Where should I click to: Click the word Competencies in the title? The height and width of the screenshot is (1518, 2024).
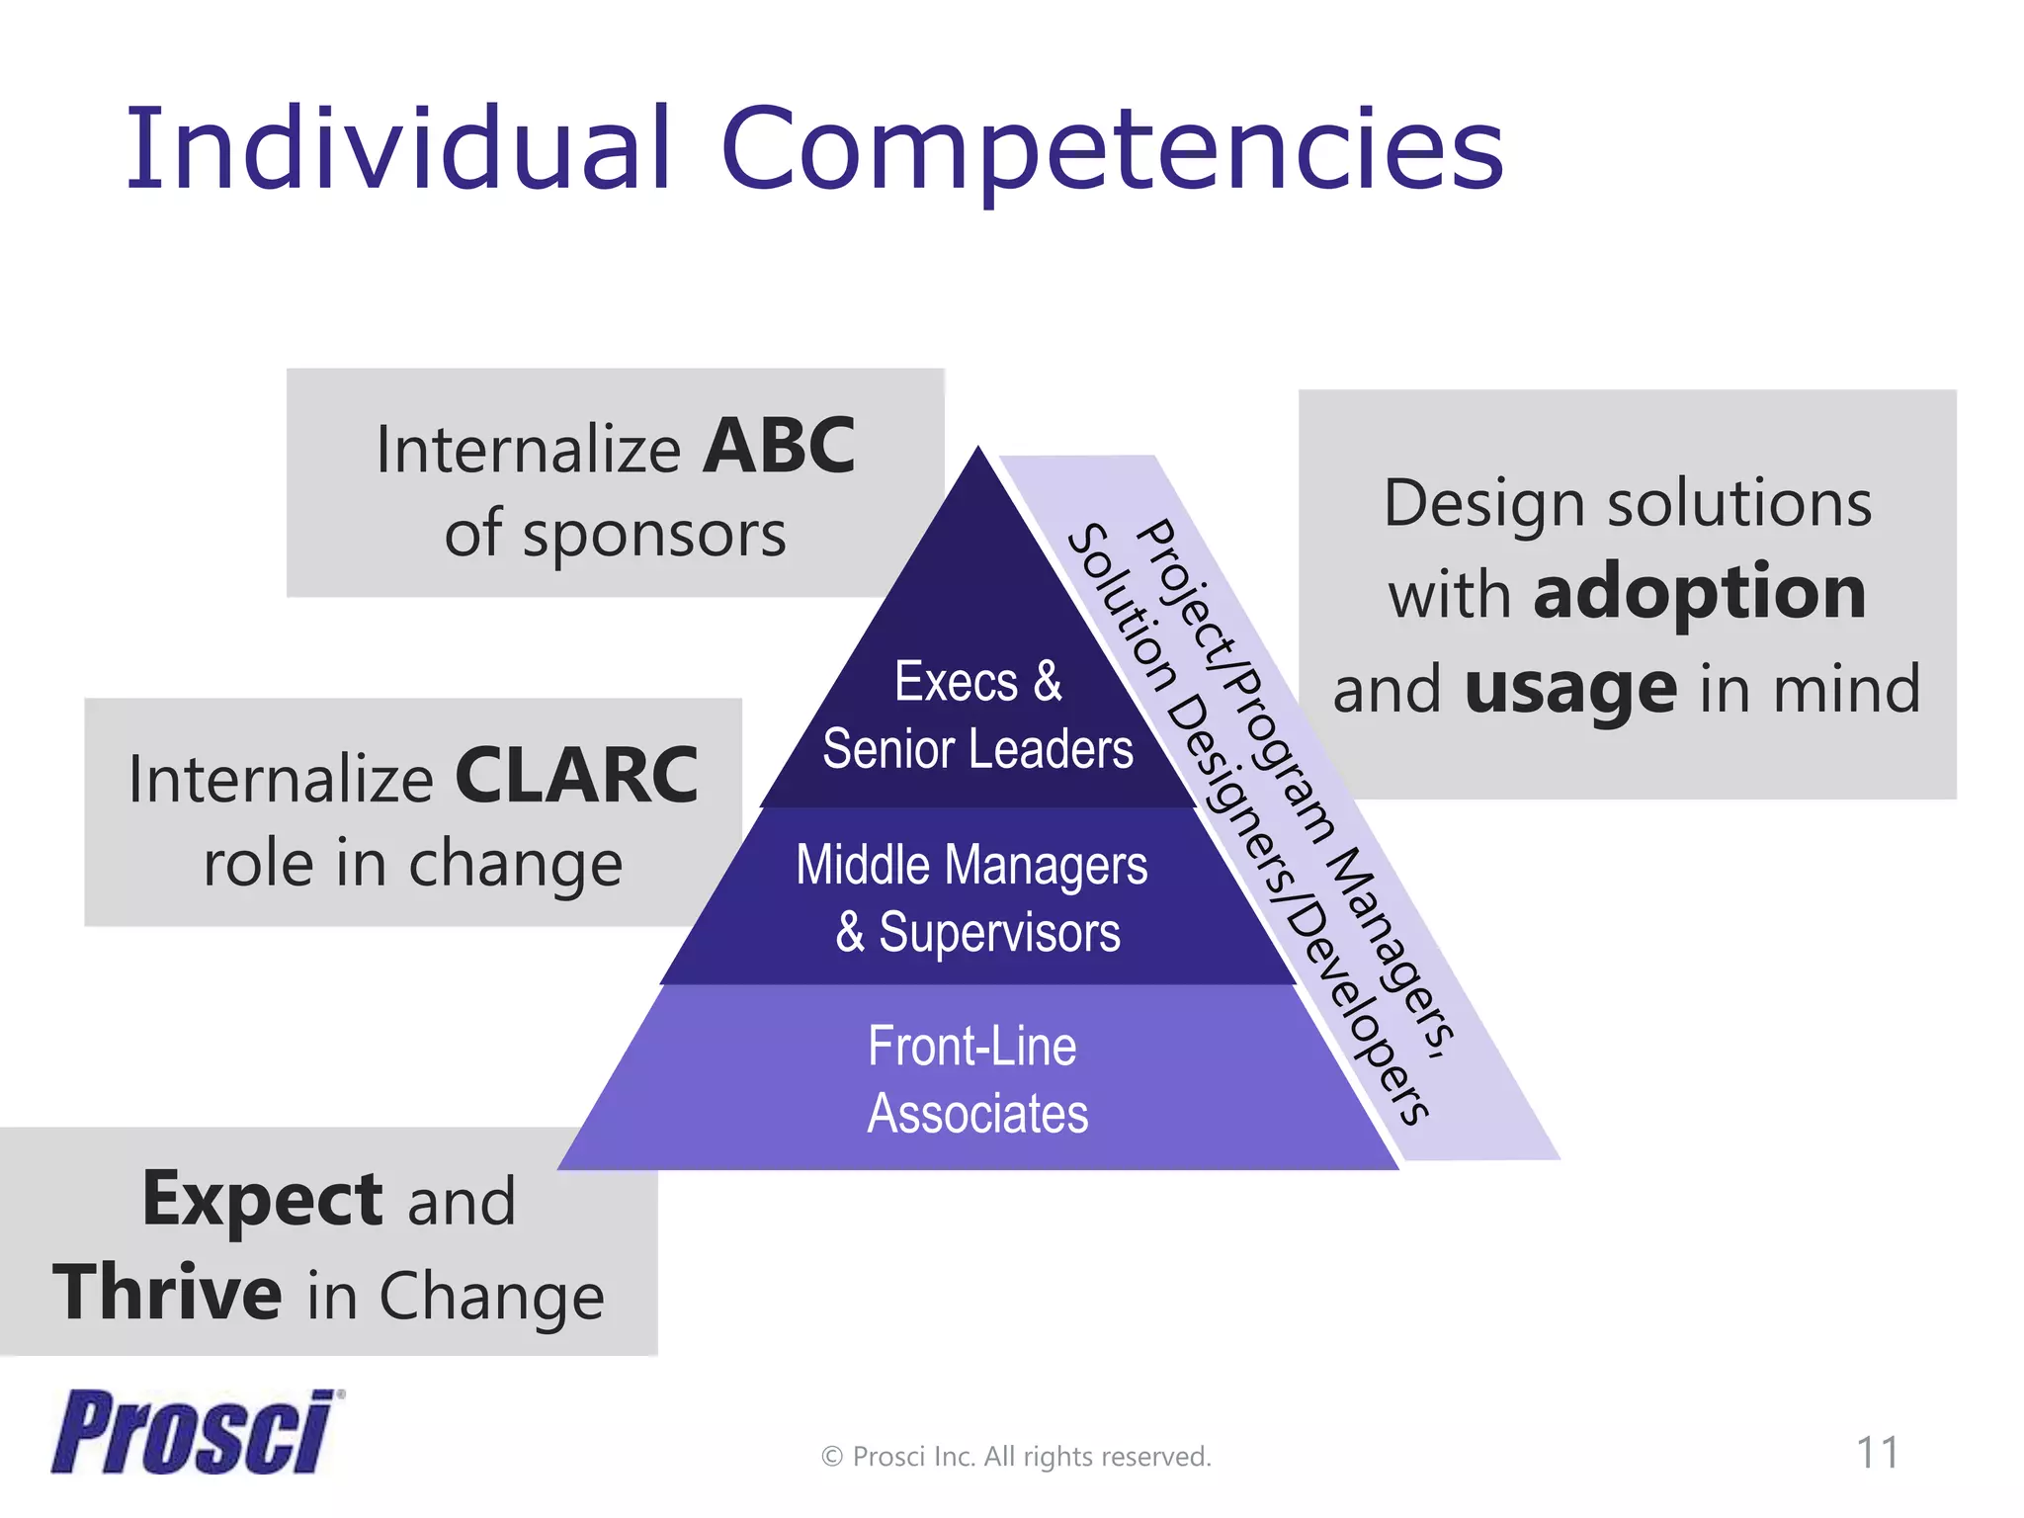[x=1112, y=150]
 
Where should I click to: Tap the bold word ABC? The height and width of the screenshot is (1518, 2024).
[x=779, y=447]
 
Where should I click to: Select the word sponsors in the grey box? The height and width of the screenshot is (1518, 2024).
[x=653, y=535]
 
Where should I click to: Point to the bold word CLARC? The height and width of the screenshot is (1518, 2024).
[x=576, y=777]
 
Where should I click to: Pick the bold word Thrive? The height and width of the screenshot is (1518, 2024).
[x=167, y=1294]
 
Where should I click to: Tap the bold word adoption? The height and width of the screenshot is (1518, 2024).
[x=1699, y=594]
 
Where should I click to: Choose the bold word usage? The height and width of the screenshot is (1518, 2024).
[x=1570, y=689]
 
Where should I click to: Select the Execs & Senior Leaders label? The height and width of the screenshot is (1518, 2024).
[x=977, y=716]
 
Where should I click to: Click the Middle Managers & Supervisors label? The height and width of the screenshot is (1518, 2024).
[x=973, y=898]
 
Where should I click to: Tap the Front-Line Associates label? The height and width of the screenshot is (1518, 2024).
[x=975, y=1080]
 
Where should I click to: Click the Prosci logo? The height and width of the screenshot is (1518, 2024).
[x=194, y=1432]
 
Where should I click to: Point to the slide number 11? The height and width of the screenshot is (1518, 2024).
[x=1877, y=1453]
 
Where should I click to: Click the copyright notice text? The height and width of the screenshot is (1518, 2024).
[x=1015, y=1457]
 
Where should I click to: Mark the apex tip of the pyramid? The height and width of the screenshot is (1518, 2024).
[x=978, y=451]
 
